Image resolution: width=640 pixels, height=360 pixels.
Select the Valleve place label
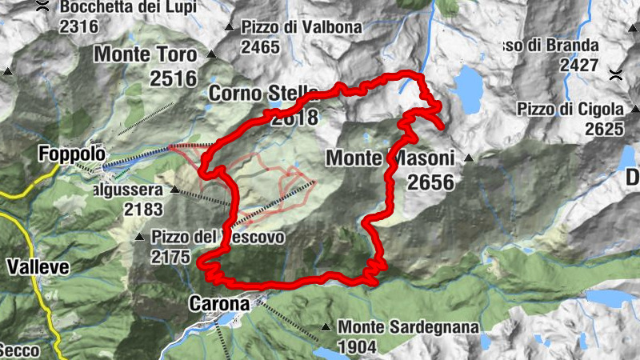tap(38, 266)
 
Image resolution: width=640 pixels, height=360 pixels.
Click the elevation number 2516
tap(173, 78)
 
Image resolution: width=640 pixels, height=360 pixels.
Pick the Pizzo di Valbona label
tap(302, 27)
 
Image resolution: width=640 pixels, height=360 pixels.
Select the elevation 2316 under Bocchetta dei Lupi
tap(78, 26)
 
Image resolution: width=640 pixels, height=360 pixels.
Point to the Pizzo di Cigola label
tap(570, 109)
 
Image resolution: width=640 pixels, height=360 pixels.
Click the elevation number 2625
tap(603, 129)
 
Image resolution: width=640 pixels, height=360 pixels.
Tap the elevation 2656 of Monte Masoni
tap(430, 183)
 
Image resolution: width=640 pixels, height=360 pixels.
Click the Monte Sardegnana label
tap(408, 327)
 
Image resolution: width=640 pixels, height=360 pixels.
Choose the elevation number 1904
tap(358, 347)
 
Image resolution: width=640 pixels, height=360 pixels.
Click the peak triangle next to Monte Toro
tap(211, 54)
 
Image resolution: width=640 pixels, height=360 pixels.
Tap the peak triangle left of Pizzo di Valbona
tap(230, 27)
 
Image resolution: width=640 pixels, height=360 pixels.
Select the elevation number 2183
tap(142, 210)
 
